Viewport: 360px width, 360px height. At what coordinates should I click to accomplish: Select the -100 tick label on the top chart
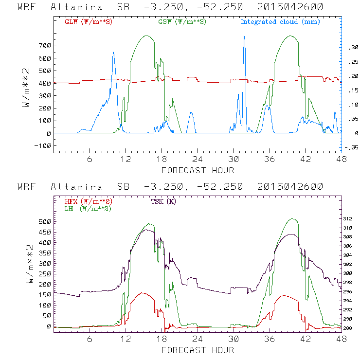tap(42, 145)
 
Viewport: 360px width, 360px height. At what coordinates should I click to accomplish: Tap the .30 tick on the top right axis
tap(351, 48)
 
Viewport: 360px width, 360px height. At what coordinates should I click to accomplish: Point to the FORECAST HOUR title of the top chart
tap(198, 170)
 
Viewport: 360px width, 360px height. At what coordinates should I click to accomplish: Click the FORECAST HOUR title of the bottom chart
tap(198, 350)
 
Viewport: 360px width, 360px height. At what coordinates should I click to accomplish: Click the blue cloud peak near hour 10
tap(113, 52)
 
